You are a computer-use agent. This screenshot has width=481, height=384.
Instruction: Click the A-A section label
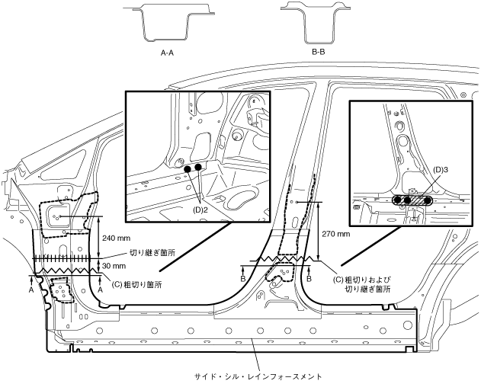coord(169,53)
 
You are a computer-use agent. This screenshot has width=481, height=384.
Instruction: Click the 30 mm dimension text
coord(116,266)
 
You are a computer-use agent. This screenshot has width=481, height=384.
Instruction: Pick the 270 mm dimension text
coord(335,234)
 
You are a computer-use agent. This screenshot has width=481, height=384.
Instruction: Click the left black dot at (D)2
coord(188,168)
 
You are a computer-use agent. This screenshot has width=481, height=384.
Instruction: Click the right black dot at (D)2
coord(198,166)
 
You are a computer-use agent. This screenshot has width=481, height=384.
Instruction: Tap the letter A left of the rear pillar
coord(30,290)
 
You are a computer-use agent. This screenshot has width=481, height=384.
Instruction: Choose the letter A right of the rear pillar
coord(100,280)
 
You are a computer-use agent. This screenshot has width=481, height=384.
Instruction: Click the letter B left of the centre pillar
coord(242,280)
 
